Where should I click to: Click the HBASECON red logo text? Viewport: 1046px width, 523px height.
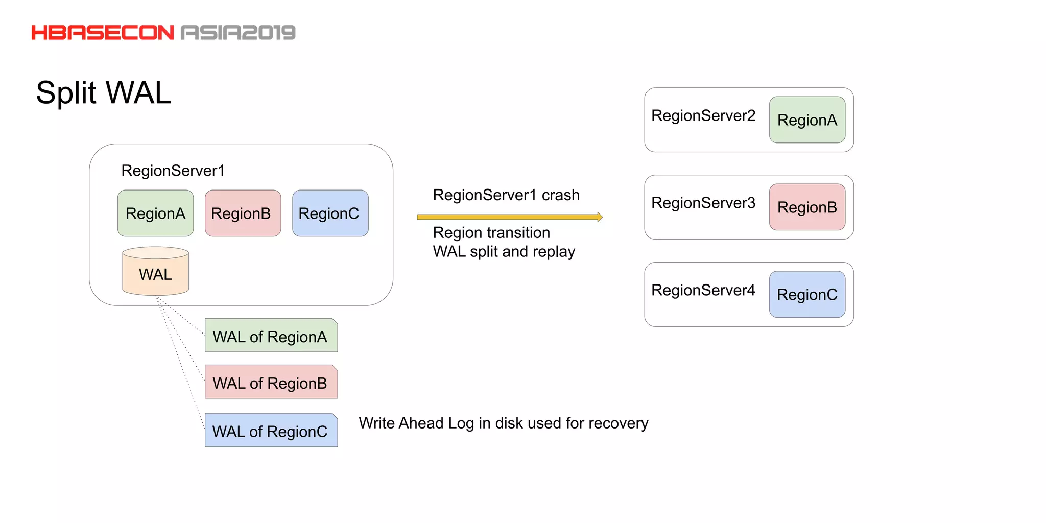tap(103, 33)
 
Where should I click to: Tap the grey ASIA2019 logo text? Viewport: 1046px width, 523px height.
tap(238, 33)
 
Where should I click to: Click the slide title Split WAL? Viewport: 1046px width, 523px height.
tap(104, 93)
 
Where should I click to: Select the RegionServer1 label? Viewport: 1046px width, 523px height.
tap(173, 171)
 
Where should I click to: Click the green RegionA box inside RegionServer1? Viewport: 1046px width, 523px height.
tap(155, 213)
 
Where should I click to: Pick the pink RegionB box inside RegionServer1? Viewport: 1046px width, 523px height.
tap(243, 213)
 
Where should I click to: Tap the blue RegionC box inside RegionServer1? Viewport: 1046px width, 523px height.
tap(330, 213)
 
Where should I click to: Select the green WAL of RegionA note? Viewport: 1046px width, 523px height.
tap(271, 336)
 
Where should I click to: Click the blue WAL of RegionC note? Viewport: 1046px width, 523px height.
tap(271, 431)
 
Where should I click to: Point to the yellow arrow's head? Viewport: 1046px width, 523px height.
tap(600, 217)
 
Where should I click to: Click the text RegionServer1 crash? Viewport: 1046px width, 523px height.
tap(506, 195)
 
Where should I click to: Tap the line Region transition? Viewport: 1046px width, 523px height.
tap(491, 233)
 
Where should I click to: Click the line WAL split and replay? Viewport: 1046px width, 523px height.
tap(504, 252)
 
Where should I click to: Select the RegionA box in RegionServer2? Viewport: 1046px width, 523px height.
tap(807, 120)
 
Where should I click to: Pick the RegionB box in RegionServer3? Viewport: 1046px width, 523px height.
tap(807, 207)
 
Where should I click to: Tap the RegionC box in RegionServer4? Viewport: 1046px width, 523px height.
tap(807, 295)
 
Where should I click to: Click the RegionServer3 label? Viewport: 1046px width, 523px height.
tap(703, 203)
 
